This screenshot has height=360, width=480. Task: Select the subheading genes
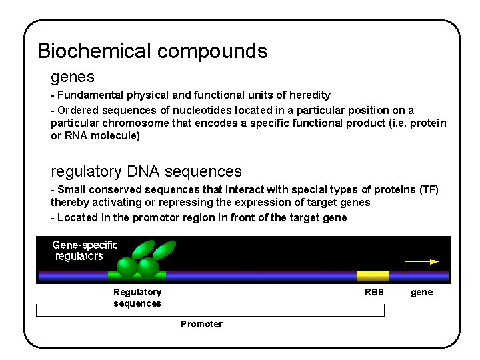[73, 77]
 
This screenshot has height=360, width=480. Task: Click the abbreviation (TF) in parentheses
[429, 190]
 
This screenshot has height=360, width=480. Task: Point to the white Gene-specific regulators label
[85, 251]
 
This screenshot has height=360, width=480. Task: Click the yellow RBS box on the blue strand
[373, 275]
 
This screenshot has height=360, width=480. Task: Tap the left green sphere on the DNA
[127, 267]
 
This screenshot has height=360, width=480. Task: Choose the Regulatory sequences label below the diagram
[137, 298]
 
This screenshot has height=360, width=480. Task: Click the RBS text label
[374, 293]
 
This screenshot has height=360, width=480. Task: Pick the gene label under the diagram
[421, 293]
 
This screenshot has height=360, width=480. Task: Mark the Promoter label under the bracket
[201, 324]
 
